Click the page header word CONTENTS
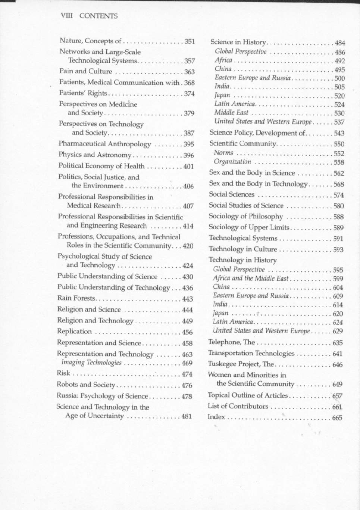coord(98,16)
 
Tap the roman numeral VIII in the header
coord(66,16)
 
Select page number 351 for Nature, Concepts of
coord(190,41)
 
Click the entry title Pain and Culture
coord(85,71)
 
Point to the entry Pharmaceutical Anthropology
coord(104,144)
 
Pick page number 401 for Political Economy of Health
coord(188,167)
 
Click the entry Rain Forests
coord(76,298)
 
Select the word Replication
coord(74,332)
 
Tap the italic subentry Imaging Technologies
coord(91,363)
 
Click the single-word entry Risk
coord(63,373)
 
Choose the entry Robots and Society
coord(86,385)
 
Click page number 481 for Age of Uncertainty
coord(187,416)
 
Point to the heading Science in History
coord(238,42)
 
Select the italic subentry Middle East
coord(231,112)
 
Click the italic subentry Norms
coord(223,153)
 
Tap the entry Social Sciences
coord(231,195)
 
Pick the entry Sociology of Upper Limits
coord(249,227)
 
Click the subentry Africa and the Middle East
coord(251,278)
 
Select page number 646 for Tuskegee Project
coord(337,365)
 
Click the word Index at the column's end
coord(216,417)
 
